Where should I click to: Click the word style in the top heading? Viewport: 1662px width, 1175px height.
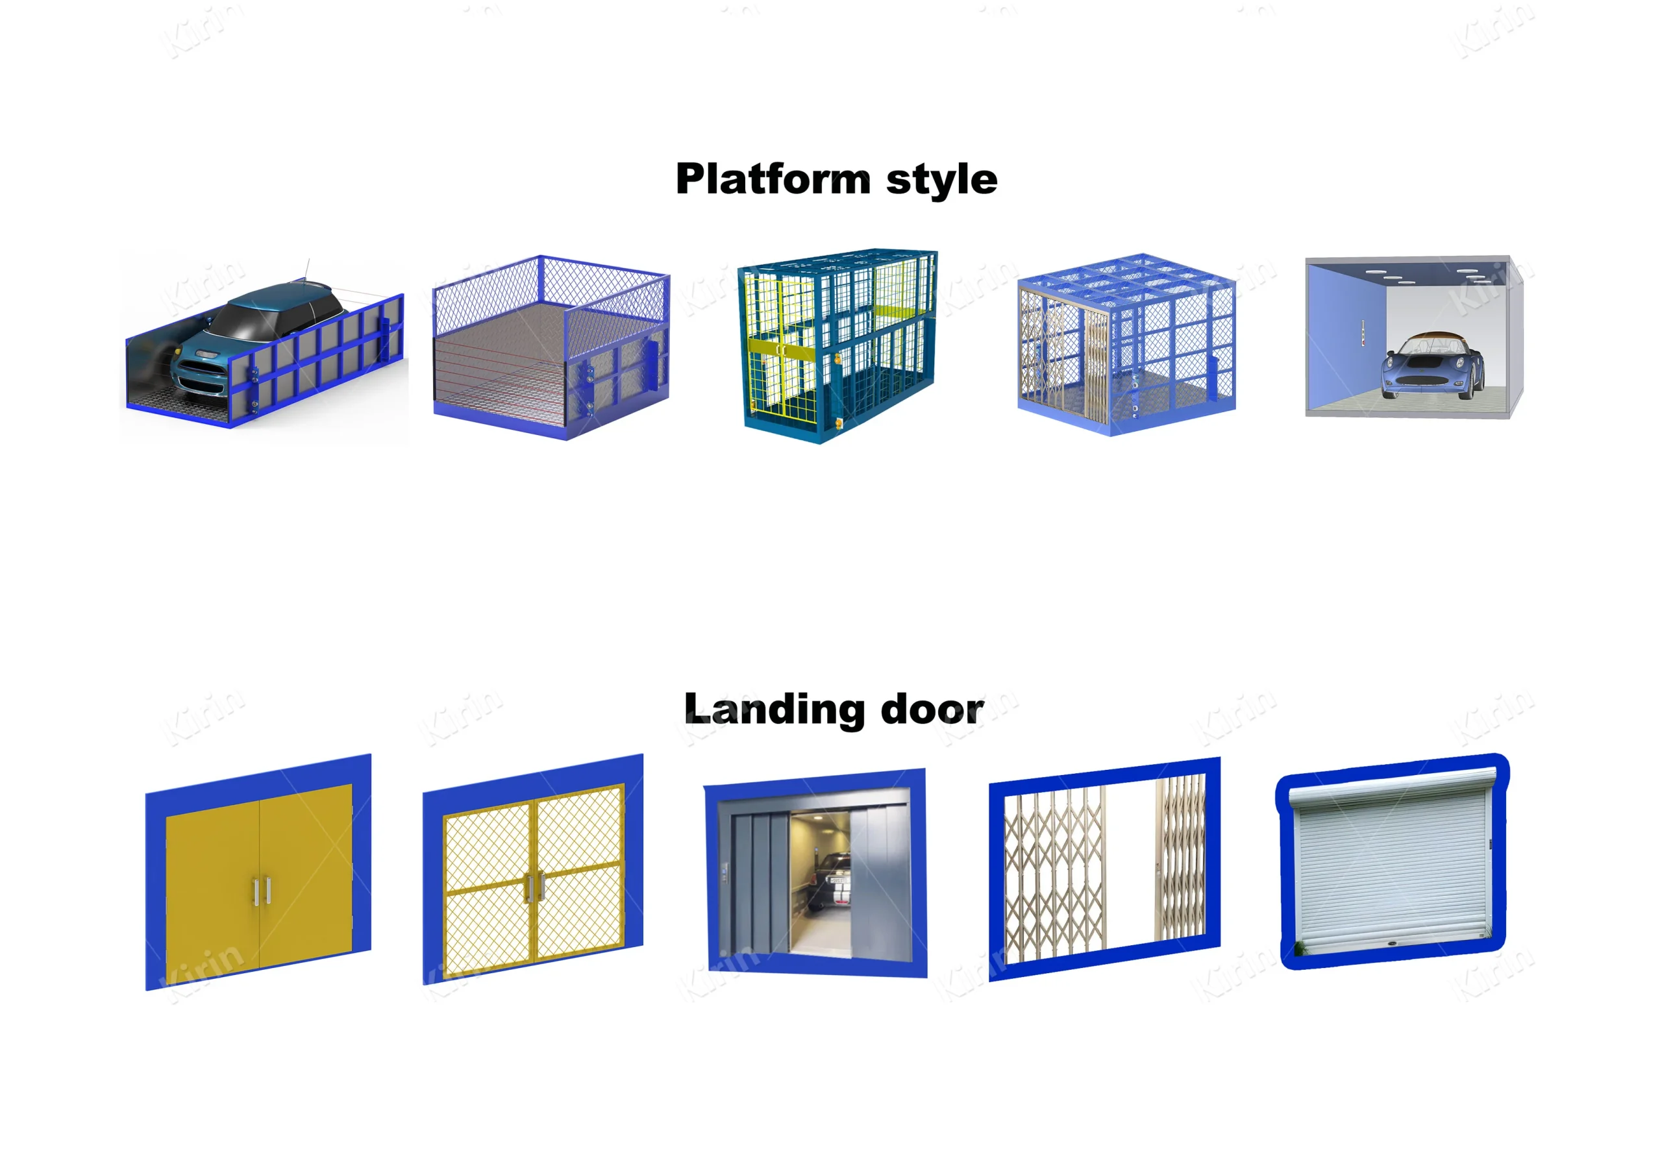(x=941, y=180)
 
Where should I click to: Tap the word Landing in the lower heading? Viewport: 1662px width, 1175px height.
(x=774, y=710)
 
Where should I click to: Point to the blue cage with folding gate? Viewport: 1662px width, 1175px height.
(x=1126, y=344)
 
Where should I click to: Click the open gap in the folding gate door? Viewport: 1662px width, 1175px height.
(x=1129, y=861)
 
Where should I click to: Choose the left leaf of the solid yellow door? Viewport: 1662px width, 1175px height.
(x=213, y=887)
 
